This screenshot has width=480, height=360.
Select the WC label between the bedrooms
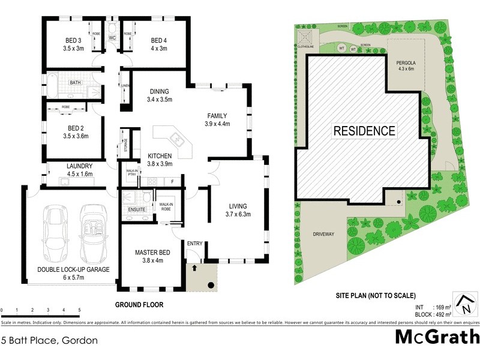click(x=112, y=38)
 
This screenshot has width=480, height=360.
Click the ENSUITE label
click(x=137, y=209)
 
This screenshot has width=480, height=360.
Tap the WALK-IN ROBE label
click(x=166, y=207)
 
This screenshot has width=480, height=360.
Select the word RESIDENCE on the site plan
click(x=364, y=130)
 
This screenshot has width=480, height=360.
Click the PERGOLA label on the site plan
click(x=406, y=62)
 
